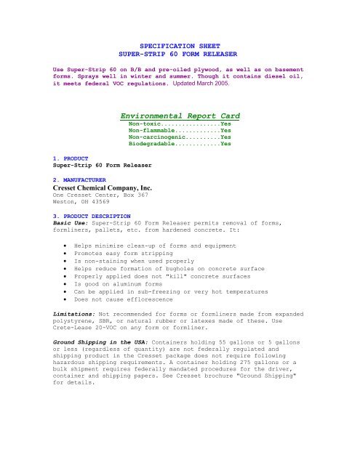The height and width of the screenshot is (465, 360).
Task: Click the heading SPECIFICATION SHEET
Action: coord(180,45)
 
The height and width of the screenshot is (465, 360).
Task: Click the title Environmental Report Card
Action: coord(180,116)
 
